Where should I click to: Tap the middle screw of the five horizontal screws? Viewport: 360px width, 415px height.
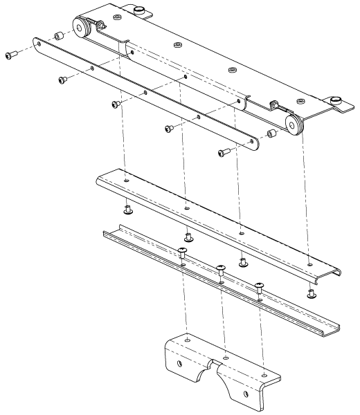point(116,104)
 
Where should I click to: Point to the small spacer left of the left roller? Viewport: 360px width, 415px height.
point(60,36)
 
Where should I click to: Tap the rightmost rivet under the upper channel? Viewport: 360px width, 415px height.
point(311,293)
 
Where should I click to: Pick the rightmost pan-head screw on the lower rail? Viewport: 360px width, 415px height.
point(260,286)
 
